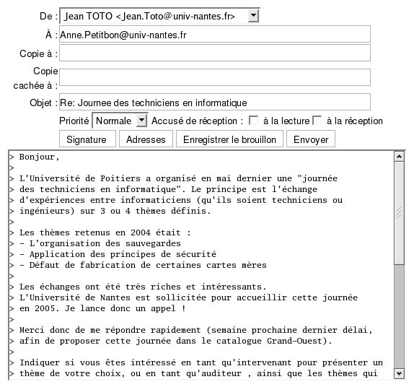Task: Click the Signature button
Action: [86, 139]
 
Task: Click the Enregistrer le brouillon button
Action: [229, 139]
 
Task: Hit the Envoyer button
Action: [311, 139]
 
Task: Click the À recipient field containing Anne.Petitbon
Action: [214, 34]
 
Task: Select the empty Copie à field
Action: [214, 53]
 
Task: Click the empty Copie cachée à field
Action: [214, 77]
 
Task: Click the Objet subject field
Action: [214, 103]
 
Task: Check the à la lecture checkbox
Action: [254, 121]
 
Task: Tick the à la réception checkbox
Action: [317, 121]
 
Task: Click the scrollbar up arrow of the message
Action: [399, 156]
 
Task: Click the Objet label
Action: [40, 103]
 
